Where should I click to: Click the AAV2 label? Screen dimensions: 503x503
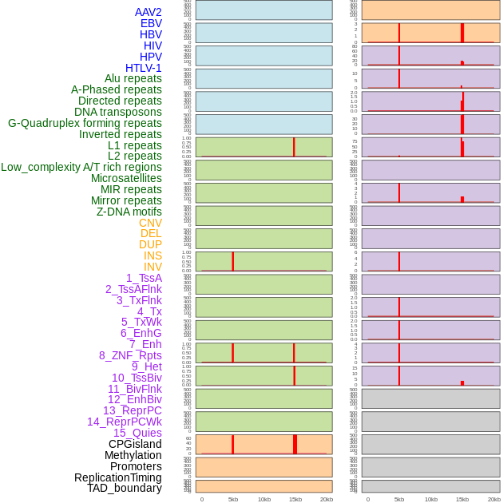coord(148,12)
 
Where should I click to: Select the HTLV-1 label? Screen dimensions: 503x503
coord(143,68)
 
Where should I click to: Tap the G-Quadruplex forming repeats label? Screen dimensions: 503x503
coord(85,123)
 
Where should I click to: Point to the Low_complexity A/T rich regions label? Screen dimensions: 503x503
coord(81,167)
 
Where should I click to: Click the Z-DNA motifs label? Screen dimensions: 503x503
coord(129,212)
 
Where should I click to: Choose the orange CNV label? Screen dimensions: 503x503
coord(150,223)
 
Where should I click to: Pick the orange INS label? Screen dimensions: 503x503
coord(152,255)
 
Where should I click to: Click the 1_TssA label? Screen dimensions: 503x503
coord(144,278)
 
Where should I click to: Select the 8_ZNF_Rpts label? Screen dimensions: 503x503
coord(130,355)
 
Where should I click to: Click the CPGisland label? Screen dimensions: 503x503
coord(135,444)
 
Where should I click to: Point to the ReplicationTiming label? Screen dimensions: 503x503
coord(117,477)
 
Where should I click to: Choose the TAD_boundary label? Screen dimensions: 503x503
coord(124,488)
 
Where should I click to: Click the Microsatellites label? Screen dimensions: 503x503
coord(126,178)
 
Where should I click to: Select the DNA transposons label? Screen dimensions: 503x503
coord(118,112)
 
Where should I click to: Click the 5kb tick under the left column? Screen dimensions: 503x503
coord(233,499)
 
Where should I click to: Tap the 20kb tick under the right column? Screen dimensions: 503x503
coord(494,499)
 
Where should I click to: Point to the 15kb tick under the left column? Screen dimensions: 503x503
coord(295,499)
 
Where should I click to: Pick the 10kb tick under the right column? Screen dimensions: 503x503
coord(430,499)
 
